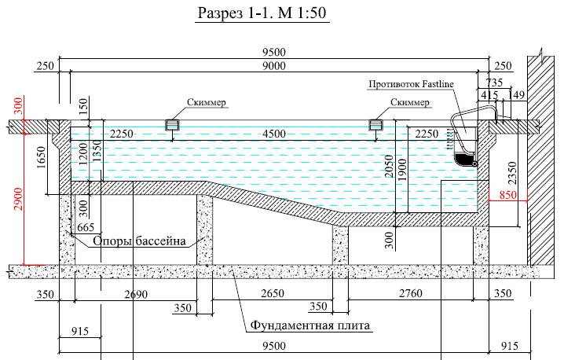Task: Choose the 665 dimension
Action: pos(86,228)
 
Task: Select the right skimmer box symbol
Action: pos(375,124)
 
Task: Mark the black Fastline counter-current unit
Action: pos(466,160)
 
